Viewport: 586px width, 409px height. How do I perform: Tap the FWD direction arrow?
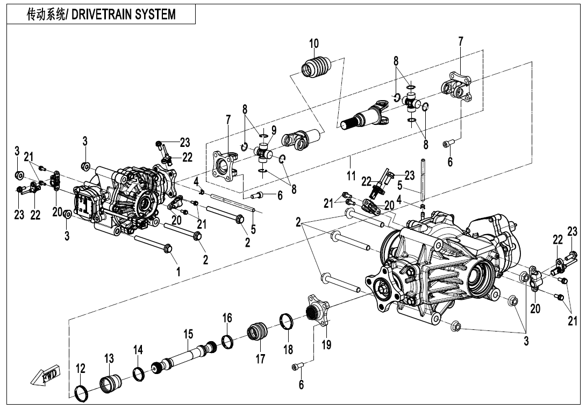coord(46,376)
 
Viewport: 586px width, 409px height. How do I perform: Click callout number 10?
coord(314,44)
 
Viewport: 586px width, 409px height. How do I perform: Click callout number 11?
coord(351,175)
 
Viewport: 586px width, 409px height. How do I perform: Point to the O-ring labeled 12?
coord(81,393)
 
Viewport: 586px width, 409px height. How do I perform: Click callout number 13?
coord(109,358)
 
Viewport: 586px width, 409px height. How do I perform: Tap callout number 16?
coord(227,318)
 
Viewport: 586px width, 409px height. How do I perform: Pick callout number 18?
coord(288,349)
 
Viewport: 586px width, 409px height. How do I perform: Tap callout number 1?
coord(178,272)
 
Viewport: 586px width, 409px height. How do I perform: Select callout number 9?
coord(274,130)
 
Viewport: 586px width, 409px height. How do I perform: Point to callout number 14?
coord(138,350)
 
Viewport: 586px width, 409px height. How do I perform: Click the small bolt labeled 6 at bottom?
coord(297,367)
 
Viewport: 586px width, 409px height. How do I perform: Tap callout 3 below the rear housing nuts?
coord(526,341)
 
